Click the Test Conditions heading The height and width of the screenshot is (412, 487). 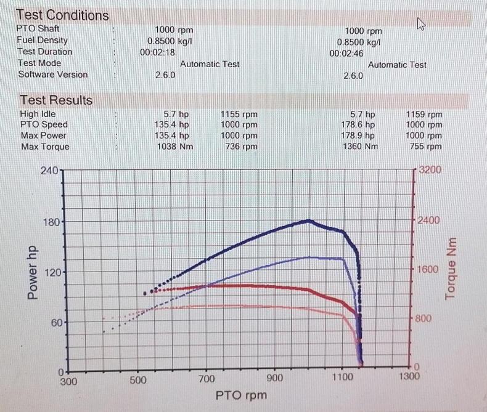pos(62,15)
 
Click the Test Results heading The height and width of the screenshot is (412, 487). pos(56,100)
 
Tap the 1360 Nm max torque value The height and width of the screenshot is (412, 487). pos(359,147)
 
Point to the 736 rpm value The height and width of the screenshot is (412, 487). pos(241,147)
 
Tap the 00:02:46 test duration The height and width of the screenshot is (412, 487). pos(346,54)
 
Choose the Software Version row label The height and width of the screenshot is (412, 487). pos(53,75)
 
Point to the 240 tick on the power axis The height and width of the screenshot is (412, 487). pos(49,170)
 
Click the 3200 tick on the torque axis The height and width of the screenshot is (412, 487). pos(430,170)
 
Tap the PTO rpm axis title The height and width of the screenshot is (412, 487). pos(241,395)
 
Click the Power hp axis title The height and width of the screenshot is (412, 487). pos(34,270)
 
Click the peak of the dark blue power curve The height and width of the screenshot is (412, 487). pos(309,220)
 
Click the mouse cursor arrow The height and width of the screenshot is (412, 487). pos(422,24)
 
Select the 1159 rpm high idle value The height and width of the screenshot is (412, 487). pos(424,114)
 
